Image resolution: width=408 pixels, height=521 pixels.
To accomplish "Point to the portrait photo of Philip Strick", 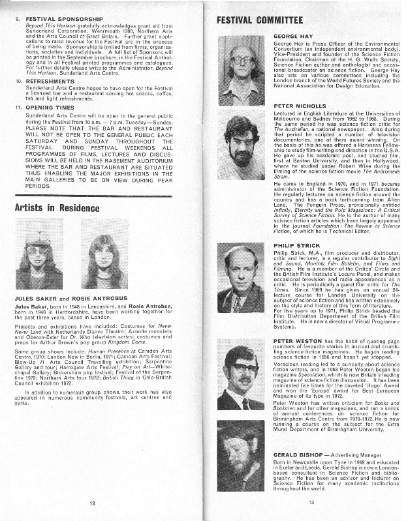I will click(240, 278).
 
